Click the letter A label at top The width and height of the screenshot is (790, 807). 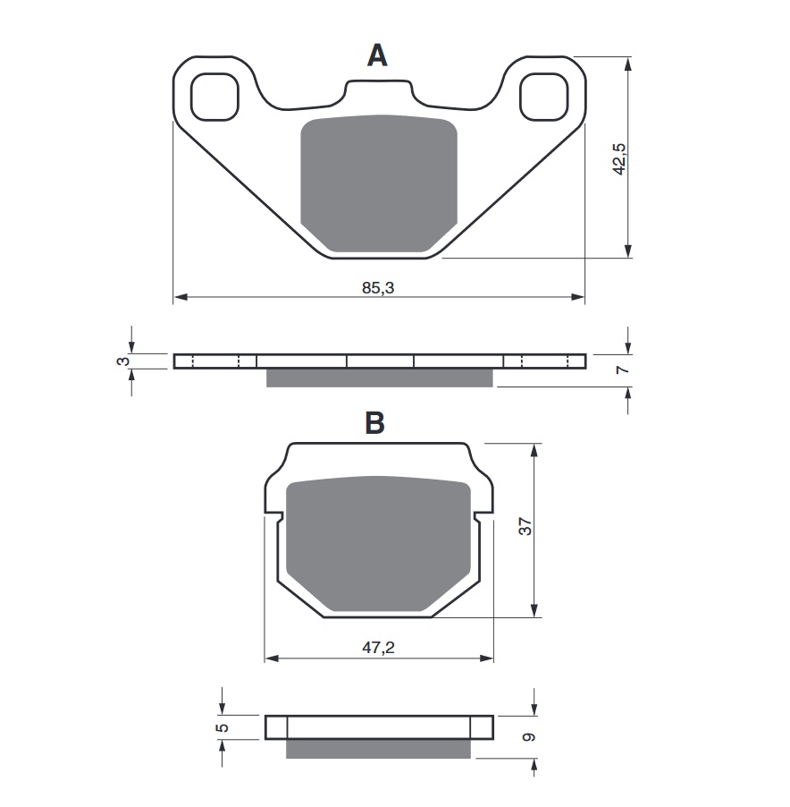(378, 56)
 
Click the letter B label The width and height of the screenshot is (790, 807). (375, 423)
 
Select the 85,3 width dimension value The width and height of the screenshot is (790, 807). (379, 288)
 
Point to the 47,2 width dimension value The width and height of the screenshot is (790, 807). (379, 648)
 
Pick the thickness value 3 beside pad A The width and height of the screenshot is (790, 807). (124, 361)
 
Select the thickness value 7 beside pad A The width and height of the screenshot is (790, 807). (623, 369)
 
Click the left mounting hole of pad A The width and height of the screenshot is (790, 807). (215, 96)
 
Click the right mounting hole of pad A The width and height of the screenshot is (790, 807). (542, 96)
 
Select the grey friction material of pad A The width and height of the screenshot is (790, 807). (378, 183)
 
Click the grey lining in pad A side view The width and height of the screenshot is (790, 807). (379, 378)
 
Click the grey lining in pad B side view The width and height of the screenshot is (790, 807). (378, 748)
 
